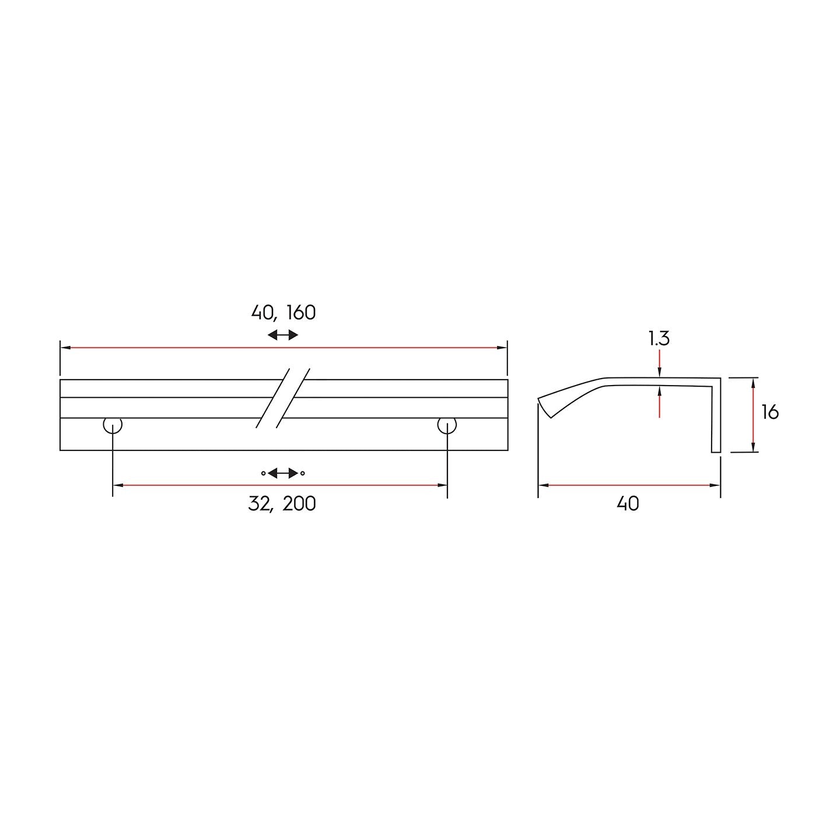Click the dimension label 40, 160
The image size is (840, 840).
[283, 313]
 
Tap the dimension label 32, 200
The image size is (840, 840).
[282, 504]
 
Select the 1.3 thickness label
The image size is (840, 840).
[659, 339]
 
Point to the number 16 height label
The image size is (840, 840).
[770, 412]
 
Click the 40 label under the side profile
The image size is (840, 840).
[628, 504]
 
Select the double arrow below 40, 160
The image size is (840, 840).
[283, 335]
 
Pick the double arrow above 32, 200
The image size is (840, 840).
[283, 473]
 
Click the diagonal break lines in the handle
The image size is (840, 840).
[282, 398]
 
